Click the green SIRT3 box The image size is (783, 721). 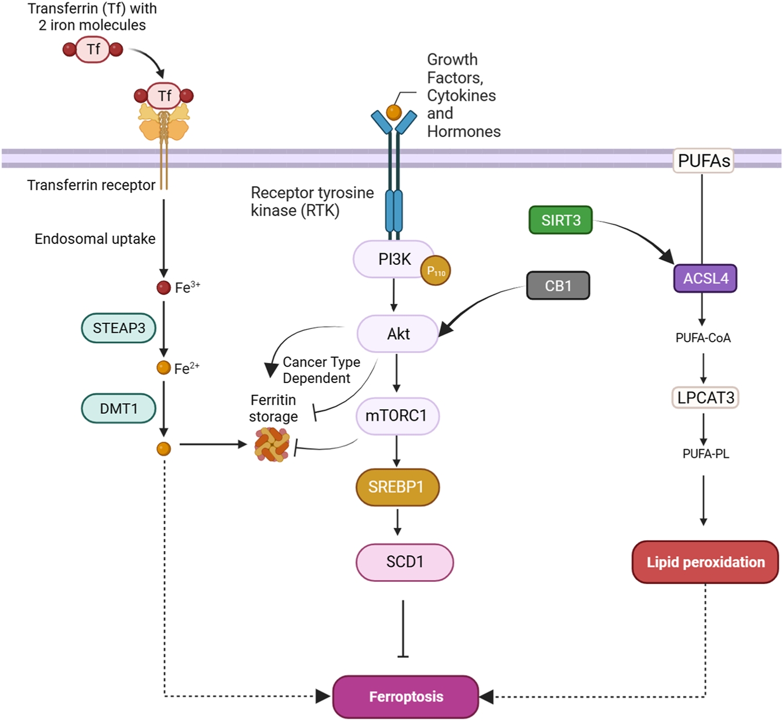(560, 220)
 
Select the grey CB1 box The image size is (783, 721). (558, 286)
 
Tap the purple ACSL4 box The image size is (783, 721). (705, 279)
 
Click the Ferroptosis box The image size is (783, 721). (405, 697)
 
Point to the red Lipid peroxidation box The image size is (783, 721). (705, 562)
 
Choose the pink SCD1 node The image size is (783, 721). (404, 562)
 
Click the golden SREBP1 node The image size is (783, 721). (397, 487)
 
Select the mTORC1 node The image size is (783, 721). (397, 416)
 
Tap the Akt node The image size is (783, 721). (397, 334)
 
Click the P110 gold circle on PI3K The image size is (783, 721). (436, 271)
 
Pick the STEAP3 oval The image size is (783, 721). (119, 328)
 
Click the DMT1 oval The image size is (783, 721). (119, 409)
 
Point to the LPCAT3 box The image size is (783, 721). (705, 398)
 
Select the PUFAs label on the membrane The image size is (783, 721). (704, 161)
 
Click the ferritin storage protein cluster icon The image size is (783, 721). (272, 445)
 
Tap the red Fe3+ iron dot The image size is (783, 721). (164, 287)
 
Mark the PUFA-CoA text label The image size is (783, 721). (703, 338)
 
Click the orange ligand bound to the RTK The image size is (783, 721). (394, 112)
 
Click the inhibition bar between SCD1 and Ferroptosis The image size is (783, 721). (403, 656)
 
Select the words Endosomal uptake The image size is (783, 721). (95, 239)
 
